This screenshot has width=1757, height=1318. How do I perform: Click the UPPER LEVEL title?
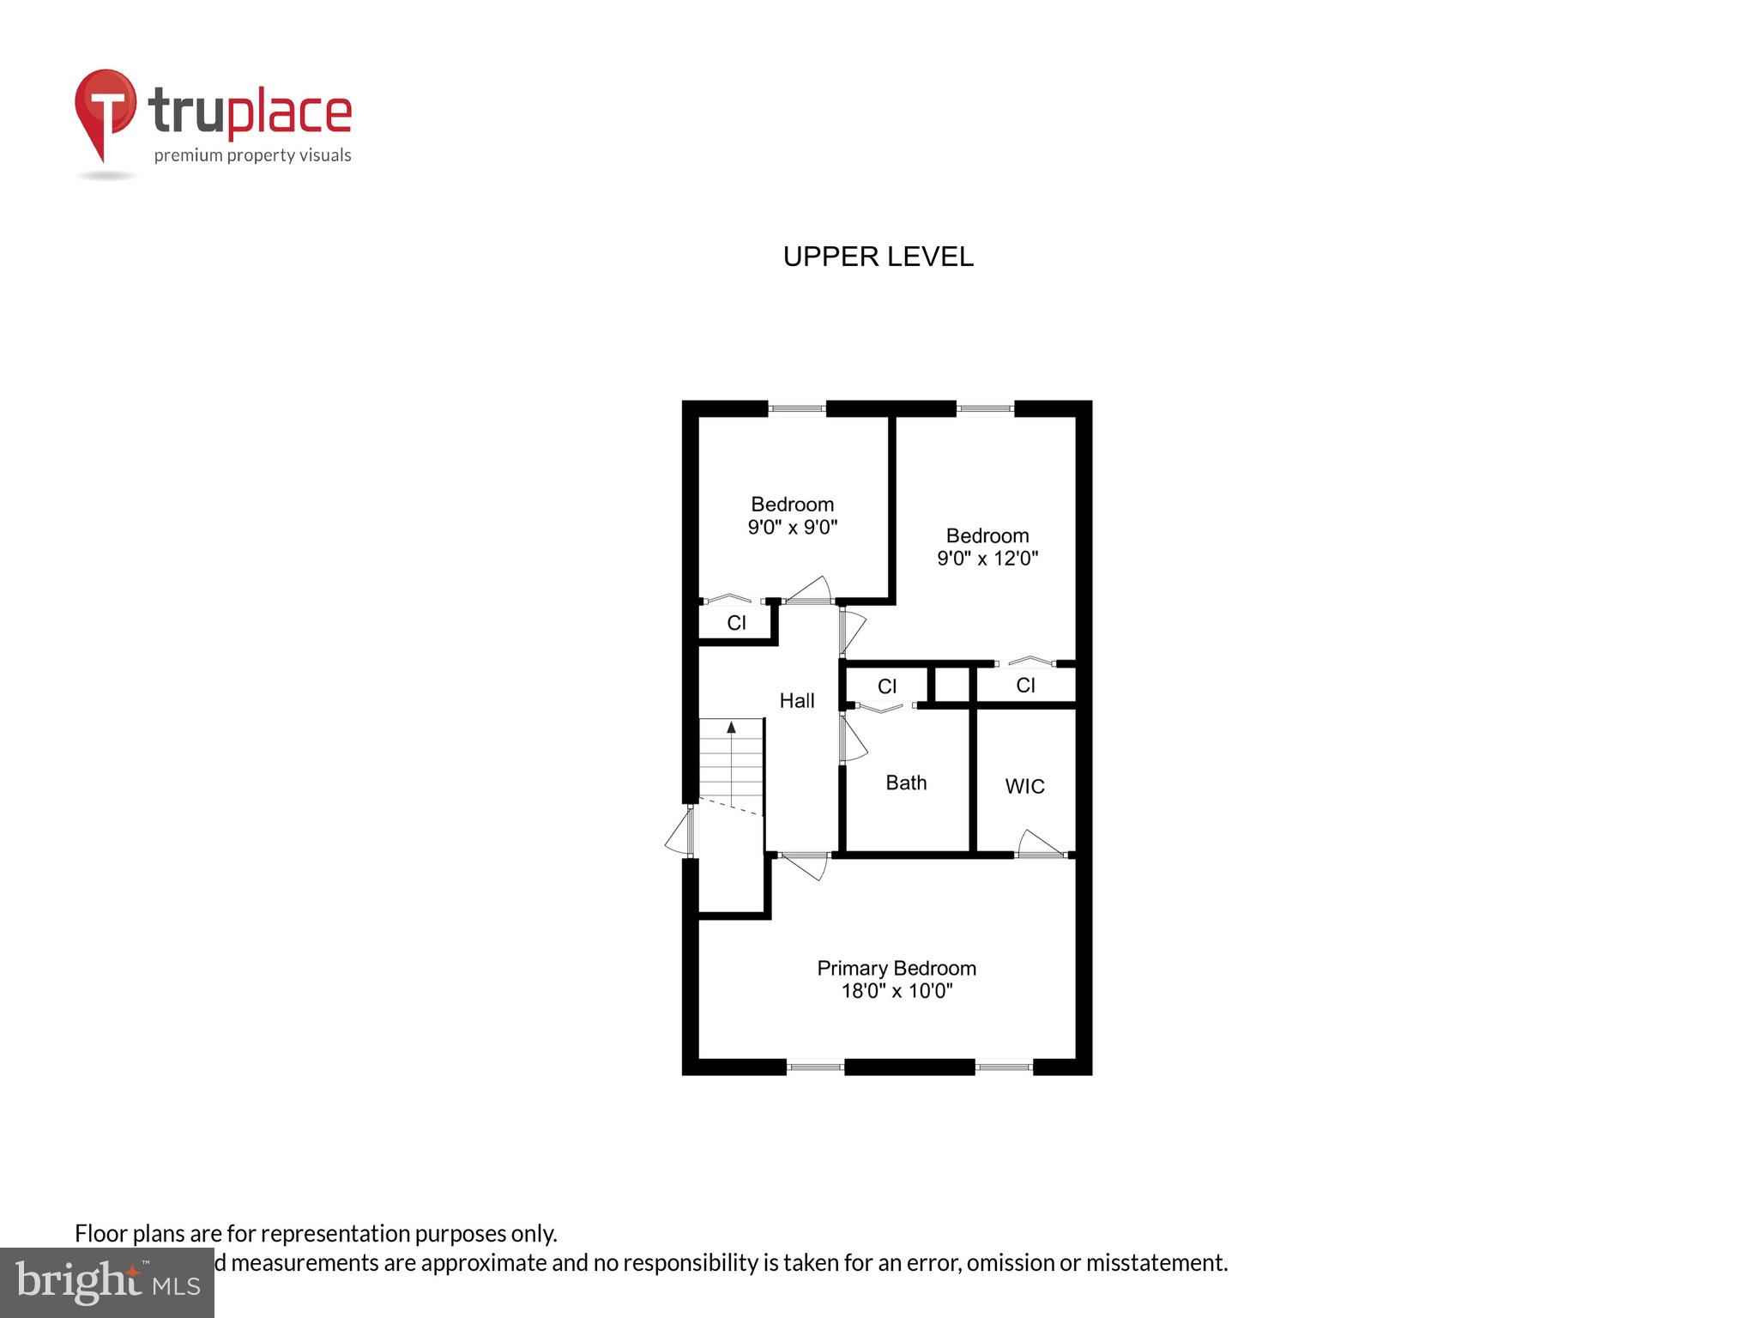[878, 257]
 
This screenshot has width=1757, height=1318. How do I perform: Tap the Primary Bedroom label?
[896, 968]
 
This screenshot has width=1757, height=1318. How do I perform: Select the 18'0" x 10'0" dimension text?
[896, 992]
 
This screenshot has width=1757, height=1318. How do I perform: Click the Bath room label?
[905, 783]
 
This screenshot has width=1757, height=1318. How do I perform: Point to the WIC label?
[1024, 786]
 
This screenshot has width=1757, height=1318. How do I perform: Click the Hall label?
[796, 701]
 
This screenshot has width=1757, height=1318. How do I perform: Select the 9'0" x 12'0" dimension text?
[987, 559]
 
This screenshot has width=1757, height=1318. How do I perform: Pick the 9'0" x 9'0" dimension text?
[792, 527]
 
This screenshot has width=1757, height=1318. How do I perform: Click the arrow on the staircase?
[731, 728]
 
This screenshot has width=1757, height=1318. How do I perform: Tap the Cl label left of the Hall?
[736, 623]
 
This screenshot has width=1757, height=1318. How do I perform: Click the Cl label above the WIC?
[1025, 685]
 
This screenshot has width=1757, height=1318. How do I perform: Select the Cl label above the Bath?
[886, 686]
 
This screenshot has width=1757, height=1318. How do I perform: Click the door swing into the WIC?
[1040, 844]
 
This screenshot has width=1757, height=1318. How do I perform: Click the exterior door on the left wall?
[680, 831]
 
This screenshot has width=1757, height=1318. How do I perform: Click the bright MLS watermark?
[107, 1282]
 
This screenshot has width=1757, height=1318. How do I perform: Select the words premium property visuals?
[252, 155]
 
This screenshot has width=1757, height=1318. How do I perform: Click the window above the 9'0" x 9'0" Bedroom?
[796, 408]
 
